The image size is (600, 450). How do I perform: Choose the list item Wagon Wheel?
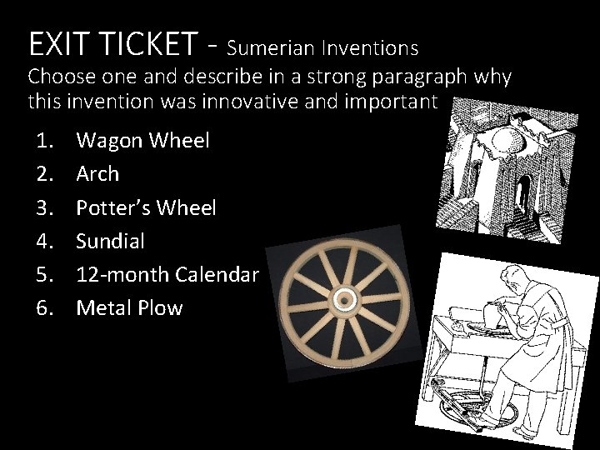142,141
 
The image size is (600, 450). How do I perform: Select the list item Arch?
97,174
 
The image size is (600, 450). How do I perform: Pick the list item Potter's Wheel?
146,207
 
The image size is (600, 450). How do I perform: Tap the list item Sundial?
110,241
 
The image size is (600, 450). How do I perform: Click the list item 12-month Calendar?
167,274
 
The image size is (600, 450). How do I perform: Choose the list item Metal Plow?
129,307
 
